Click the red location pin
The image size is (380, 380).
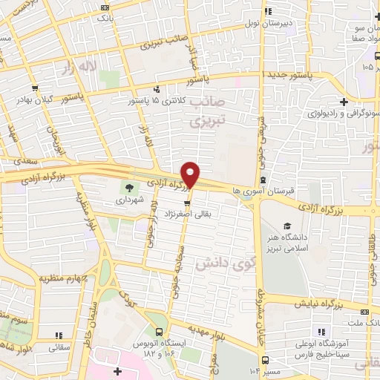[x=191, y=174]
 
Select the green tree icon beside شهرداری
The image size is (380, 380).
[x=130, y=187]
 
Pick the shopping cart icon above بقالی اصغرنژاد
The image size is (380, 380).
[x=189, y=201]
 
